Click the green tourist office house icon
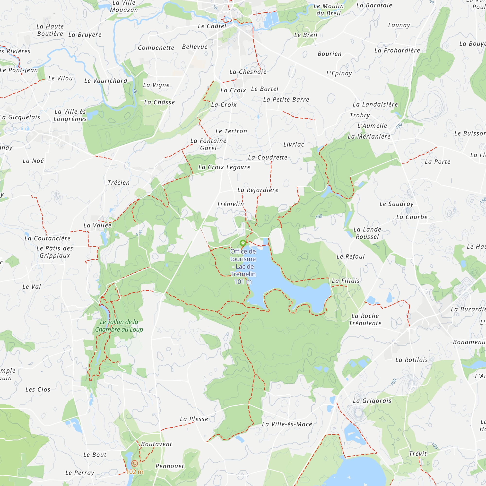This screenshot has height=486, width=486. (243, 243)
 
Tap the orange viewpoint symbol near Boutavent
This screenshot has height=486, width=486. (135, 463)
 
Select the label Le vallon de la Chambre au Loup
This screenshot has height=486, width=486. (119, 326)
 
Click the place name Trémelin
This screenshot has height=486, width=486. (230, 204)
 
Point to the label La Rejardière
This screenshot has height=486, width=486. (258, 190)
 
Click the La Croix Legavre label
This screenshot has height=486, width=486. (224, 167)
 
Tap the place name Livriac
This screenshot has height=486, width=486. (294, 144)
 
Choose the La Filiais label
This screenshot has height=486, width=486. (346, 281)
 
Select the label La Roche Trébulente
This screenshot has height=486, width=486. (365, 320)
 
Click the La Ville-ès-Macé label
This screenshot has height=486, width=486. (287, 424)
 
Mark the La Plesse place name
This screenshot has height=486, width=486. (194, 419)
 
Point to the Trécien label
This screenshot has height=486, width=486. (119, 183)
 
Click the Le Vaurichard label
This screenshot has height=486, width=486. (106, 81)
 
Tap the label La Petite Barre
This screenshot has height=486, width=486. (286, 100)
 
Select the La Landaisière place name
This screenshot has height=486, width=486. (375, 104)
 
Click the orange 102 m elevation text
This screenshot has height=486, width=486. (135, 472)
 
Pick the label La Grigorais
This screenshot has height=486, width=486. (372, 401)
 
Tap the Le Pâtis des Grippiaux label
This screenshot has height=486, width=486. (55, 252)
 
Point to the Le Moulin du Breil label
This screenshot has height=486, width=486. (328, 9)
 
